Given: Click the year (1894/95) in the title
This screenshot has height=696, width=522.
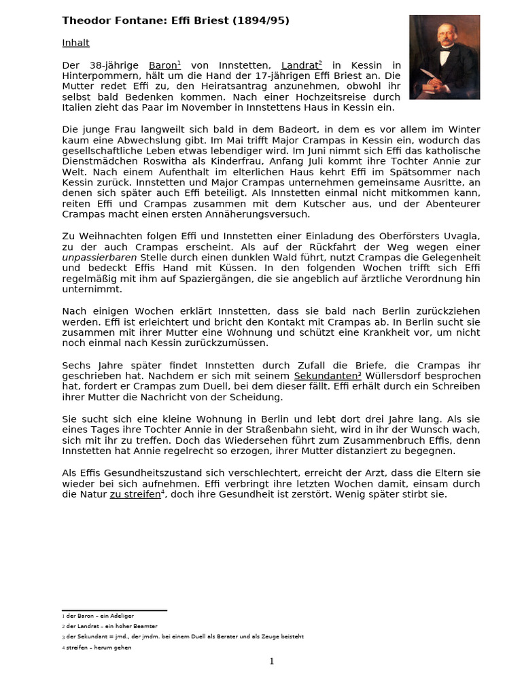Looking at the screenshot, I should point(261,21).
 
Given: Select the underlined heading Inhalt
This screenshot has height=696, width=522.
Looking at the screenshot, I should point(75,43).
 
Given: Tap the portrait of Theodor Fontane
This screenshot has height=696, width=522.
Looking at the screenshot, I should point(444,57).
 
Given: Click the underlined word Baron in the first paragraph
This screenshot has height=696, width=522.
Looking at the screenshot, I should point(164,65).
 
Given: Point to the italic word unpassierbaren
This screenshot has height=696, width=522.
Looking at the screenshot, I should point(99,257).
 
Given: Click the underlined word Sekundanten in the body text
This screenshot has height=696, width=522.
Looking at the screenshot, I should point(325,376).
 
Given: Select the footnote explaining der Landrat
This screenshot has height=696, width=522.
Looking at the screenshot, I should point(110,626).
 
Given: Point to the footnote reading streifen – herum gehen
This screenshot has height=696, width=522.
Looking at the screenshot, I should point(97,648).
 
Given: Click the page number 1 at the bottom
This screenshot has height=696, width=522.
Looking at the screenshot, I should point(271,661).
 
